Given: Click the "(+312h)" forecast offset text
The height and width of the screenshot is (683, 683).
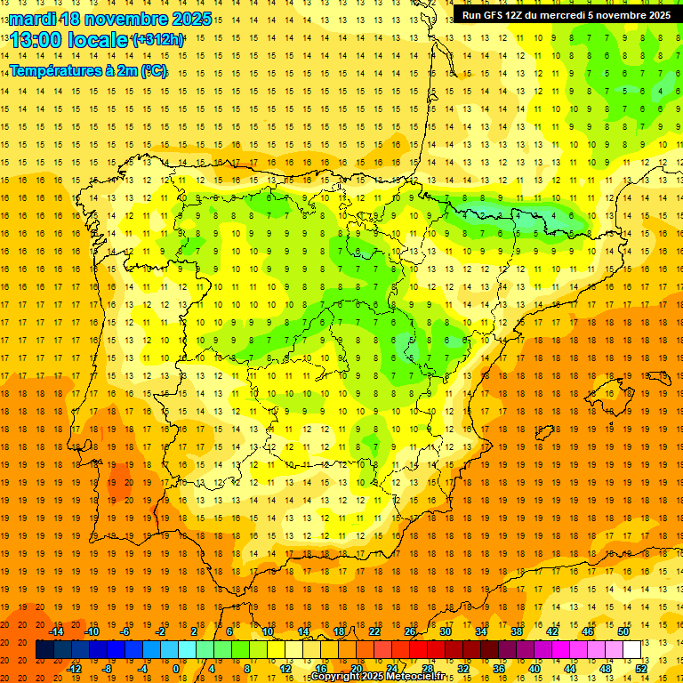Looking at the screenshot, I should pos(157,40).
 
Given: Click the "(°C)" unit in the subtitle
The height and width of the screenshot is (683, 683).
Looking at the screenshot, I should pos(153,71).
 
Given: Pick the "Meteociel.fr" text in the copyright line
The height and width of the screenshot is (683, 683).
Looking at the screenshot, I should pos(415,677).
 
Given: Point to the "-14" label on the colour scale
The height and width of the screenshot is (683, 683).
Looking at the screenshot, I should pos(56,631).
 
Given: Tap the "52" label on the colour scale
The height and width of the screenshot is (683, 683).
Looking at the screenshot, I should pos(642,668).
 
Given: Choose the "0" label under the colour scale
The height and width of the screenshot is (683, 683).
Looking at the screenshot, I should pos(175,668).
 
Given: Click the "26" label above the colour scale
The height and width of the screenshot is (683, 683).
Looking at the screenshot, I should pos(410,631).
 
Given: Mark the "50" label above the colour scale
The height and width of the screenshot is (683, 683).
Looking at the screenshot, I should pos(623,631).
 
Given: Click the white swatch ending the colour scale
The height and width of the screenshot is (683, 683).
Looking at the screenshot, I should pos(631,650).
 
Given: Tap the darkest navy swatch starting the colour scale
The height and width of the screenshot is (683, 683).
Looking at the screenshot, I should pos(44,650).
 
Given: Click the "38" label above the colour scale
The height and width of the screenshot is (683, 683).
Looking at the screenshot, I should pos(517,631).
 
